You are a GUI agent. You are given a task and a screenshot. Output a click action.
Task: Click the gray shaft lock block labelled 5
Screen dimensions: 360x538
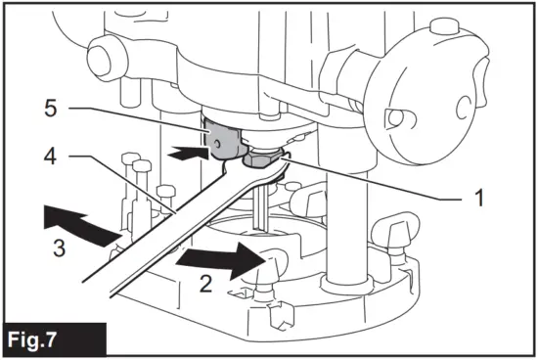click(223, 138)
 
